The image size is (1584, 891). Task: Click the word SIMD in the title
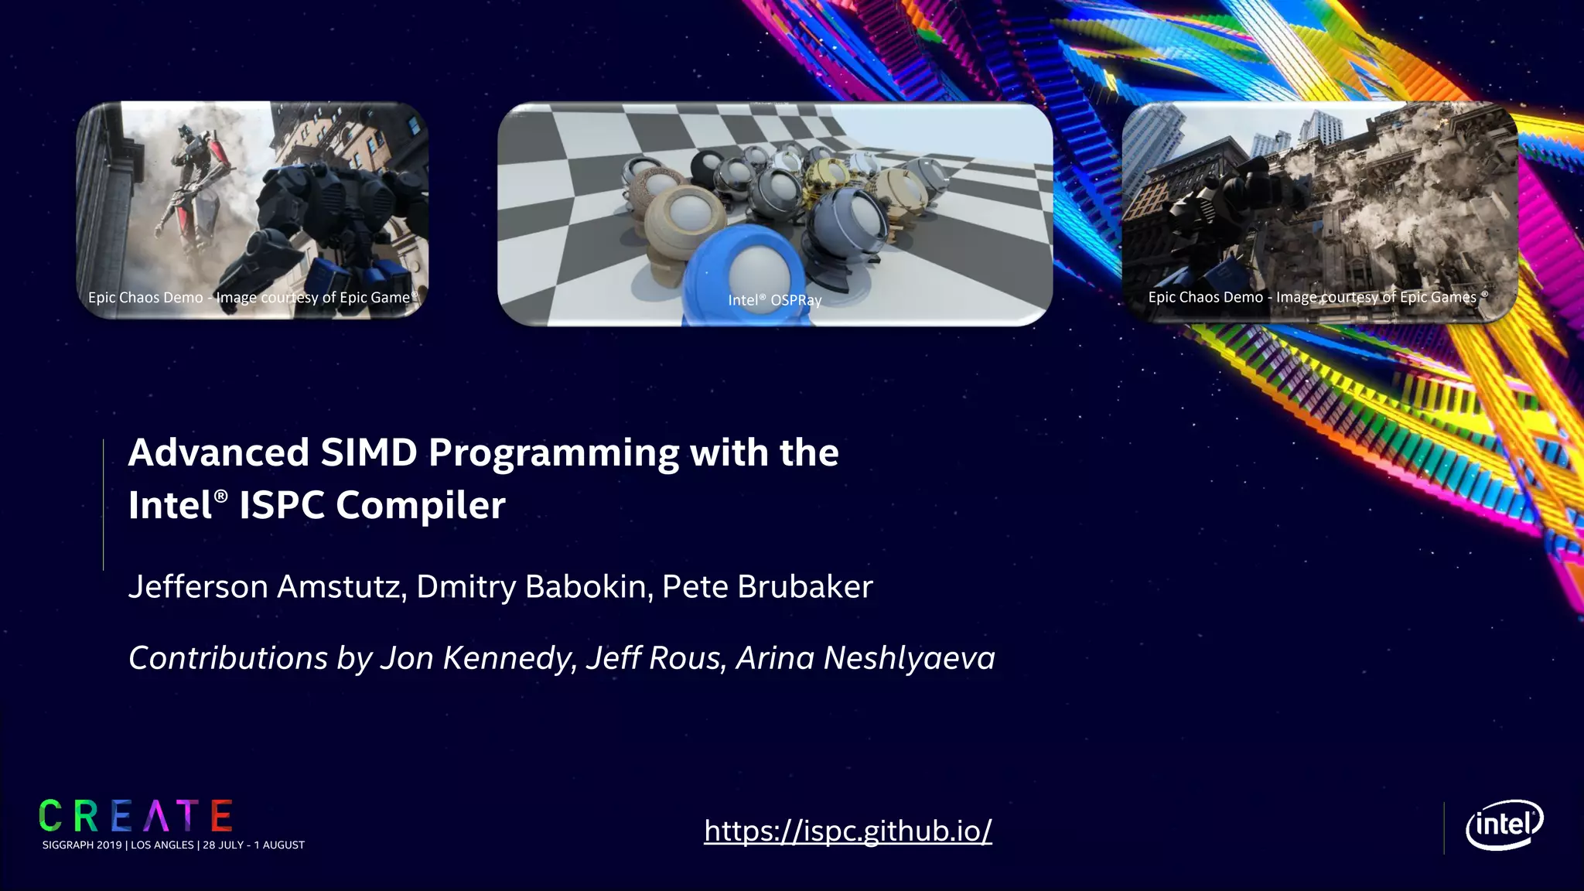(x=368, y=452)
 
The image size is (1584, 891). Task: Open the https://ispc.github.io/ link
(x=848, y=831)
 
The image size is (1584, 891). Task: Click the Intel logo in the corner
(x=1504, y=824)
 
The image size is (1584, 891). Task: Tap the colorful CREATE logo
(x=136, y=817)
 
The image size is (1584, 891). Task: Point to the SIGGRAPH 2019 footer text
(x=173, y=845)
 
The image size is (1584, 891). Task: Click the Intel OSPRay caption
(x=774, y=300)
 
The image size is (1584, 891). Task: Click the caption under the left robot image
(x=252, y=298)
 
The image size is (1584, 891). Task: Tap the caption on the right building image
(x=1317, y=297)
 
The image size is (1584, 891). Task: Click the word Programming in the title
(x=553, y=454)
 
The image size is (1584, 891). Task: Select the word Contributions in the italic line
(x=228, y=658)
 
